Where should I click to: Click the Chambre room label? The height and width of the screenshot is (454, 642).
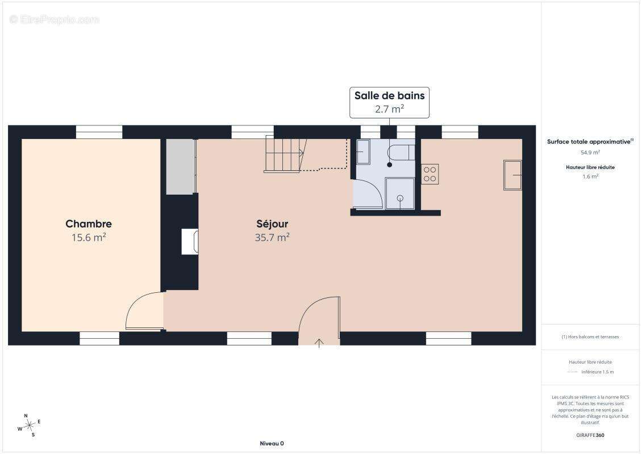point(89,224)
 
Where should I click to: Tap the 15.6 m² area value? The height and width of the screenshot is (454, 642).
point(89,237)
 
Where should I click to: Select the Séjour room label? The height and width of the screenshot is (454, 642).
point(272,224)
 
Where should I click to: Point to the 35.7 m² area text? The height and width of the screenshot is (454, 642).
point(272,237)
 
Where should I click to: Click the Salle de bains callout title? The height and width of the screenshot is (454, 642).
point(389,96)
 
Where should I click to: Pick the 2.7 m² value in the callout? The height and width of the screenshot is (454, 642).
point(389,109)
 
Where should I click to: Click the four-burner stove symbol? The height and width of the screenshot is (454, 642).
point(430,174)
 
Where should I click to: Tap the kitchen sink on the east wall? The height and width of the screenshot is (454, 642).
point(512,175)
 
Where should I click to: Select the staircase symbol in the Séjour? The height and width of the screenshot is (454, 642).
point(285,154)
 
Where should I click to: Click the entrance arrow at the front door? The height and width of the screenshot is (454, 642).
point(319,343)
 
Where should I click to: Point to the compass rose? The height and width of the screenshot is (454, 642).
point(29,426)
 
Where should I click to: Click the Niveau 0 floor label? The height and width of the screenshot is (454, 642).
point(272,443)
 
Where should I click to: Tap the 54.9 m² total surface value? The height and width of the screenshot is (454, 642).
point(590,153)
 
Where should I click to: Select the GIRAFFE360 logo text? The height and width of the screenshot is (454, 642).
point(590,435)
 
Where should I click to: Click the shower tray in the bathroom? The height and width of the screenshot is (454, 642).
point(400,194)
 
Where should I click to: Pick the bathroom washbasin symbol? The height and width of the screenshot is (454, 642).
point(363,152)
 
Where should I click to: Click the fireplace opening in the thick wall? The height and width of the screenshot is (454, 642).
point(190,242)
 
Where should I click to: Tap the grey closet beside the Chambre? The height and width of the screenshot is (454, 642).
point(181,166)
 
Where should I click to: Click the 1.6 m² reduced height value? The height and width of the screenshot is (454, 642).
point(590,176)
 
